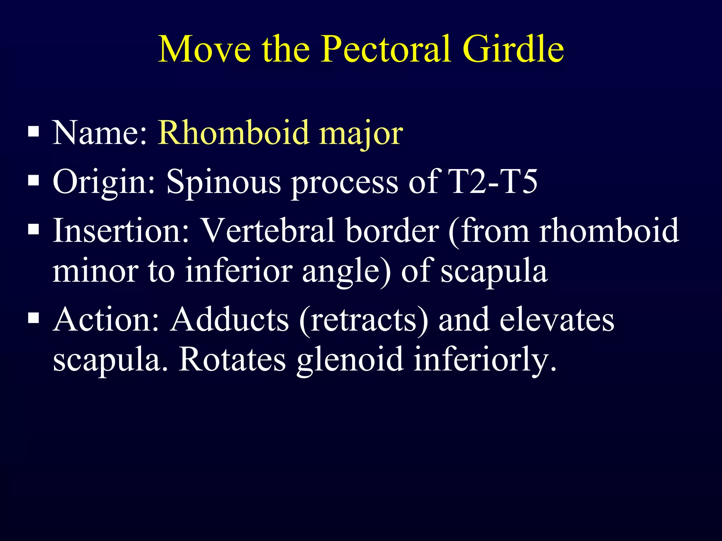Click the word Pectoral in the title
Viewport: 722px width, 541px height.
386,49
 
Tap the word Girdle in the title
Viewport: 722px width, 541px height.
513,49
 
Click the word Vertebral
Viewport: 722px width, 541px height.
268,231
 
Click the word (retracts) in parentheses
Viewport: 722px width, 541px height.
363,320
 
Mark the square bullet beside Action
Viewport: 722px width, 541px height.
33,318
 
